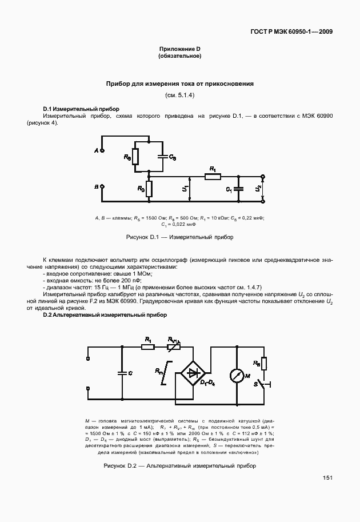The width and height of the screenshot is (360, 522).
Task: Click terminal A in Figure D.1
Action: tap(102, 150)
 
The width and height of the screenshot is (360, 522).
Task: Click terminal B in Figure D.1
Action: tap(102, 186)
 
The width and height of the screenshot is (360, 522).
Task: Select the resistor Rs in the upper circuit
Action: tap(135, 156)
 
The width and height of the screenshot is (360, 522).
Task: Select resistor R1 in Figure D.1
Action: tap(213, 177)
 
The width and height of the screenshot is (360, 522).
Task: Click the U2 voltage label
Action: tap(258, 188)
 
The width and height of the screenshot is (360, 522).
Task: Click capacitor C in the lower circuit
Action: tap(121, 372)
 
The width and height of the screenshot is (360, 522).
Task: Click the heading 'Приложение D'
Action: tap(179, 50)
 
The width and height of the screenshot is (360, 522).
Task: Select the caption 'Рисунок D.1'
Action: tap(179, 237)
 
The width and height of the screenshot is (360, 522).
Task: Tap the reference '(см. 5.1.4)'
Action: tap(179, 95)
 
